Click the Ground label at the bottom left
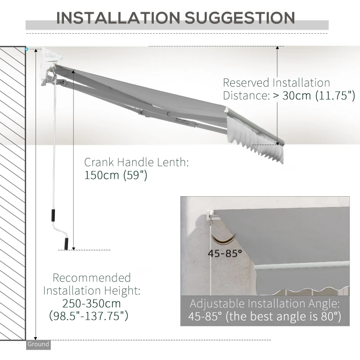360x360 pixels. pos(38,345)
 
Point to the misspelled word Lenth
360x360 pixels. pos(169,162)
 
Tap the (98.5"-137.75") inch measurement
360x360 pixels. pos(87,316)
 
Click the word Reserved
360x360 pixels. pos(246,83)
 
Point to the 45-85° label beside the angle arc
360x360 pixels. pos(225,253)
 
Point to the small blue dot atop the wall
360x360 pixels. pos(27,49)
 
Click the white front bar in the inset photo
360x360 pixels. pos(301,265)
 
